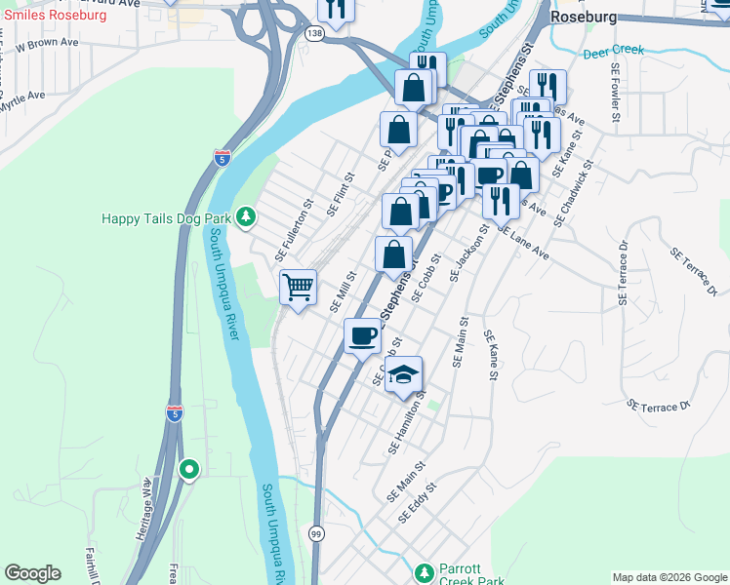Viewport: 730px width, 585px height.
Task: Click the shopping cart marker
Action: (x=298, y=288)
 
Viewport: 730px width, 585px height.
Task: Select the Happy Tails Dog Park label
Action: (x=166, y=218)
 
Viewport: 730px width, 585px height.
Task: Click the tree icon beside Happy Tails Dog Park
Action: (x=246, y=217)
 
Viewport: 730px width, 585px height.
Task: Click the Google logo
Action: (x=32, y=573)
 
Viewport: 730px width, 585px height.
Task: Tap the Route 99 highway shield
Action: (x=316, y=532)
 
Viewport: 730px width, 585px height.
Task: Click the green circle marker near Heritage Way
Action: (x=189, y=471)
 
